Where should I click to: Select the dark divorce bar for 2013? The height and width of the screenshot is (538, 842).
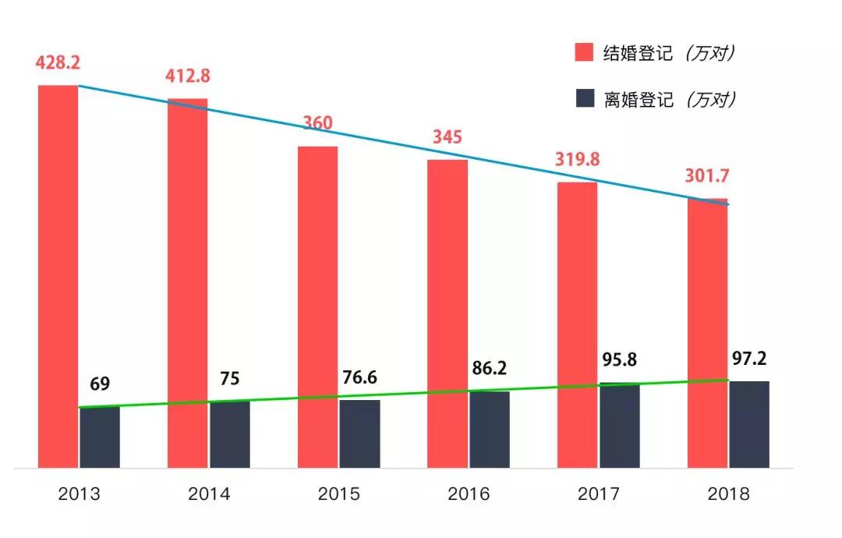tap(100, 437)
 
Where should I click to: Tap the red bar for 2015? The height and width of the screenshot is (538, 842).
tap(317, 307)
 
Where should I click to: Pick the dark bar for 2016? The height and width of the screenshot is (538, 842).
tap(490, 430)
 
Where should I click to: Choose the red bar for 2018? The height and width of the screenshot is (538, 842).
tap(707, 333)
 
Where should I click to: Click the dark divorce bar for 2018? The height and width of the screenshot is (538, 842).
tap(749, 424)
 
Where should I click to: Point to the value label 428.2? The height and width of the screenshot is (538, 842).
tap(57, 62)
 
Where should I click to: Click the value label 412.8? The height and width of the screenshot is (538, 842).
tap(188, 76)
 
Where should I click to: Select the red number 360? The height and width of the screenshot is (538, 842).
tap(318, 123)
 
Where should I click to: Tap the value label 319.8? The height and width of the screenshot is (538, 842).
tap(577, 159)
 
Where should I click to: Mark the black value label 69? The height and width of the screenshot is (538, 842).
tap(100, 384)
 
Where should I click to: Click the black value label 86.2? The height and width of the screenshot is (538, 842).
tap(490, 368)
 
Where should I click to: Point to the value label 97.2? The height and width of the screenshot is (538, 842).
tap(750, 358)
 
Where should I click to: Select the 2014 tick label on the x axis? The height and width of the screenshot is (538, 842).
tap(209, 494)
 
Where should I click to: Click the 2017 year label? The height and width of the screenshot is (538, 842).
tap(599, 494)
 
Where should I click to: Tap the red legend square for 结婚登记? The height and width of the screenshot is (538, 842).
tap(585, 53)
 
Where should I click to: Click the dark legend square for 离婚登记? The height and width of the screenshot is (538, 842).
tap(585, 99)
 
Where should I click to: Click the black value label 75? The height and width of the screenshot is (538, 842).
tap(229, 379)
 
